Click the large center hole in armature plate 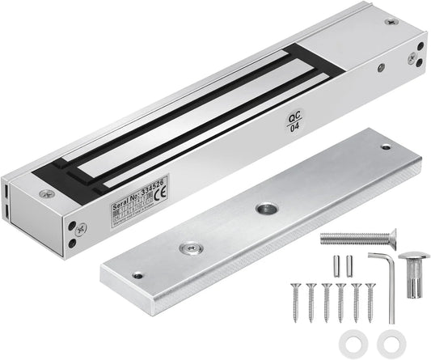pos(265,209)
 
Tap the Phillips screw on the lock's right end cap pos(412,57)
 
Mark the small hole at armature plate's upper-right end pos(385,146)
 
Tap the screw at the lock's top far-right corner pos(391,21)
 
